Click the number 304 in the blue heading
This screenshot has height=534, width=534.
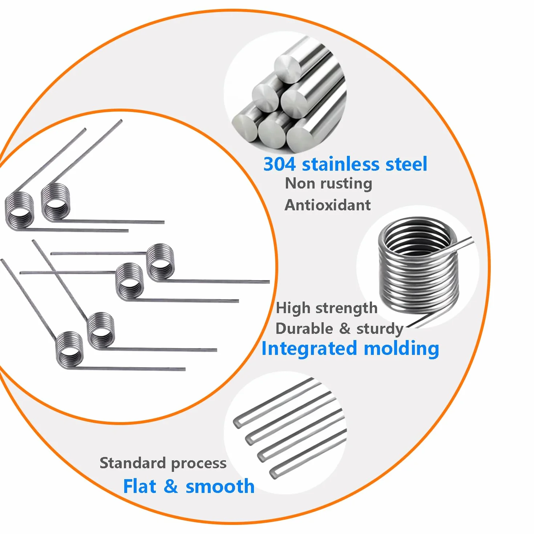coord(279,164)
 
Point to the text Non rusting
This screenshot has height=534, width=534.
coord(328,184)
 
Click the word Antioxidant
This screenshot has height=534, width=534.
coord(328,205)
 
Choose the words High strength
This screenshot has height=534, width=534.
coord(327,308)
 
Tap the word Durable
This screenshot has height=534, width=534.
coord(304,329)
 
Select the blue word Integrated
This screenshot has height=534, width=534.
coord(309,349)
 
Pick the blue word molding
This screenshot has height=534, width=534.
coord(401,349)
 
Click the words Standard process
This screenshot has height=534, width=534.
coord(163,463)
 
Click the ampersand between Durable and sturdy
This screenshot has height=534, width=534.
coord(345,329)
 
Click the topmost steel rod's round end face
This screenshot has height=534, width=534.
coord(288,67)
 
